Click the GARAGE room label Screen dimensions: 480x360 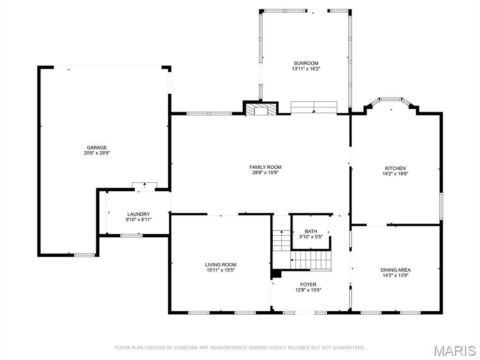tap(97, 148)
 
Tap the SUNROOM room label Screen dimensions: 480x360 tap(306, 63)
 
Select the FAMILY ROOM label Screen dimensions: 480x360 tap(265, 167)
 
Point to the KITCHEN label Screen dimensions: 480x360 tap(395, 168)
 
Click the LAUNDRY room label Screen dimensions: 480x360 tap(138, 214)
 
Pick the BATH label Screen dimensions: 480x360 tap(311, 232)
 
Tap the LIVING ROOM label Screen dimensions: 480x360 tap(221, 265)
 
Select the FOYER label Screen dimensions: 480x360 tap(308, 285)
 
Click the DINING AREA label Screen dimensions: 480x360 tap(396, 270)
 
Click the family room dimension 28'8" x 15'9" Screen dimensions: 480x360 tap(265, 172)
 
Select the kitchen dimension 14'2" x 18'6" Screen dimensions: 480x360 tap(395, 174)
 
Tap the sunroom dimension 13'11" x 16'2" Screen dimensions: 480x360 tap(306, 69)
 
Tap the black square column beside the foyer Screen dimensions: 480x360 tap(277, 274)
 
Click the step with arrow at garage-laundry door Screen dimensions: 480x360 tap(144, 186)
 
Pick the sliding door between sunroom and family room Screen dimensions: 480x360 tap(314, 107)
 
